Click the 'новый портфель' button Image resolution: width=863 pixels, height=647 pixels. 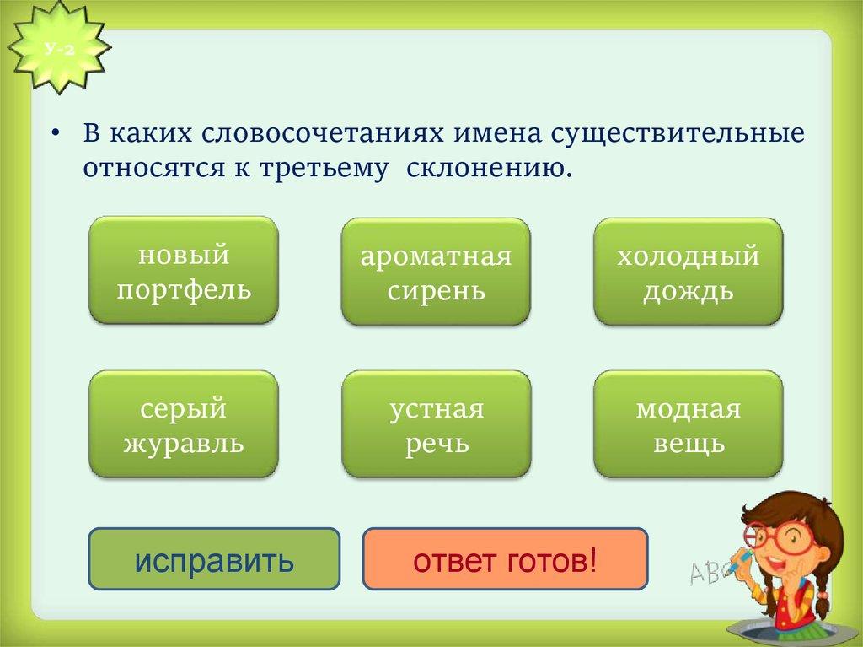tap(184, 270)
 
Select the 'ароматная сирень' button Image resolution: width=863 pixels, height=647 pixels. tap(436, 271)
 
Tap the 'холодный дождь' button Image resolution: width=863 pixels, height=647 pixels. tap(688, 271)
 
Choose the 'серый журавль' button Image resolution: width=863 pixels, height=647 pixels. tap(184, 423)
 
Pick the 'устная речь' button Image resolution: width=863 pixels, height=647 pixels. tap(437, 423)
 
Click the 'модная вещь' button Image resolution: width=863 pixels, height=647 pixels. tap(688, 423)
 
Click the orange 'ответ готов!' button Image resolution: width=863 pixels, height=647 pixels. tap(506, 559)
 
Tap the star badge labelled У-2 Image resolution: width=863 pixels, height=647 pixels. tap(60, 50)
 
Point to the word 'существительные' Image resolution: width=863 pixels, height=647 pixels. tap(678, 134)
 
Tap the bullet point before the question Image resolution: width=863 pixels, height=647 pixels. tap(55, 134)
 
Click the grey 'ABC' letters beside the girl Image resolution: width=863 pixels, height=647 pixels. tap(709, 573)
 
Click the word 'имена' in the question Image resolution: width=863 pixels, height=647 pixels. tap(498, 134)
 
